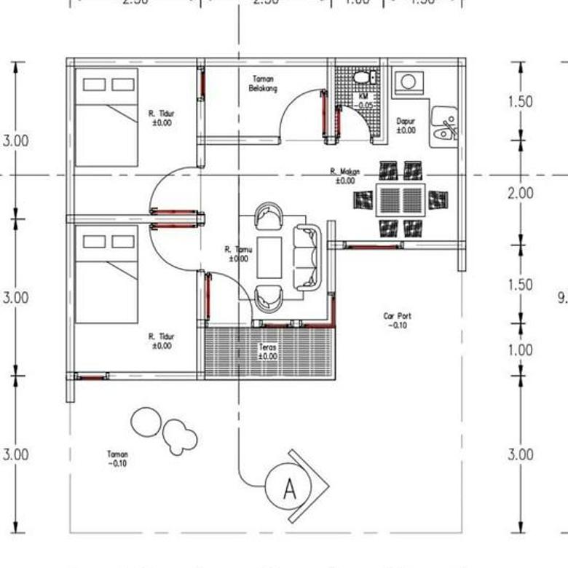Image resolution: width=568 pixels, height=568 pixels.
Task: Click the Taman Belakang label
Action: (x=264, y=83)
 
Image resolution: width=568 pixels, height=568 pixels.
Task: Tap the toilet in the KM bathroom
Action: (x=362, y=77)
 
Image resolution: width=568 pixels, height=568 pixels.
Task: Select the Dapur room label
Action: (x=406, y=125)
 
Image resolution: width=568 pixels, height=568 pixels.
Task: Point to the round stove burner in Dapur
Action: (x=409, y=81)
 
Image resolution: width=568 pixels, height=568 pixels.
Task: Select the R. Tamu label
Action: (x=238, y=253)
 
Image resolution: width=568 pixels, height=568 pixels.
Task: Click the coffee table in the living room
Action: (x=269, y=257)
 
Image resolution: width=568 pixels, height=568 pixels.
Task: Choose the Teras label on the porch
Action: (x=268, y=352)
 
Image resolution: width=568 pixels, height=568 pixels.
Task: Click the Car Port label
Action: (x=398, y=320)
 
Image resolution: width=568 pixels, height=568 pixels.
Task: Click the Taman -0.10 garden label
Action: (x=117, y=459)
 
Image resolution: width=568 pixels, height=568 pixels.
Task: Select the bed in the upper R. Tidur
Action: (x=107, y=118)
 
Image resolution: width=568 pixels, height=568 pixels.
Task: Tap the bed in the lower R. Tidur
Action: (x=107, y=275)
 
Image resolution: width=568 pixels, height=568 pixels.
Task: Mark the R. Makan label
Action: (x=344, y=175)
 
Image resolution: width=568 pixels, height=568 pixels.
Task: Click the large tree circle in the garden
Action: (x=146, y=422)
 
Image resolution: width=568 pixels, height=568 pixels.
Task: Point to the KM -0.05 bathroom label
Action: (x=365, y=100)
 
